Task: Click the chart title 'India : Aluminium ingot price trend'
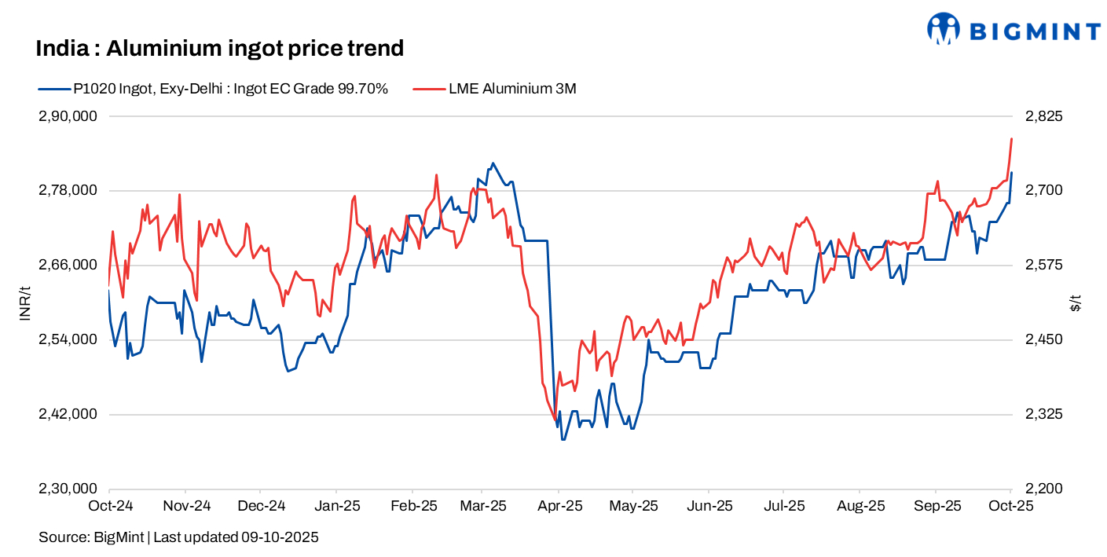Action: tap(219, 49)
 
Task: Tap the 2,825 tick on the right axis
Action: tap(1043, 116)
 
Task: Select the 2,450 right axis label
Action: tap(1043, 339)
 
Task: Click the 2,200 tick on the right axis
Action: tap(1043, 489)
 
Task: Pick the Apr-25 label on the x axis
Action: tap(559, 507)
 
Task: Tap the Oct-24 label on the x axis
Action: tap(109, 507)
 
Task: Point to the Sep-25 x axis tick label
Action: tap(936, 507)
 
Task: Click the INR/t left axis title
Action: tap(24, 302)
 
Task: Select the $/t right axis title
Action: tap(1076, 302)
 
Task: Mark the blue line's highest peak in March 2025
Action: tap(493, 163)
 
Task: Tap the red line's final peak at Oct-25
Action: tap(1011, 138)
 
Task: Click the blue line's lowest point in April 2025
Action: tap(563, 439)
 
